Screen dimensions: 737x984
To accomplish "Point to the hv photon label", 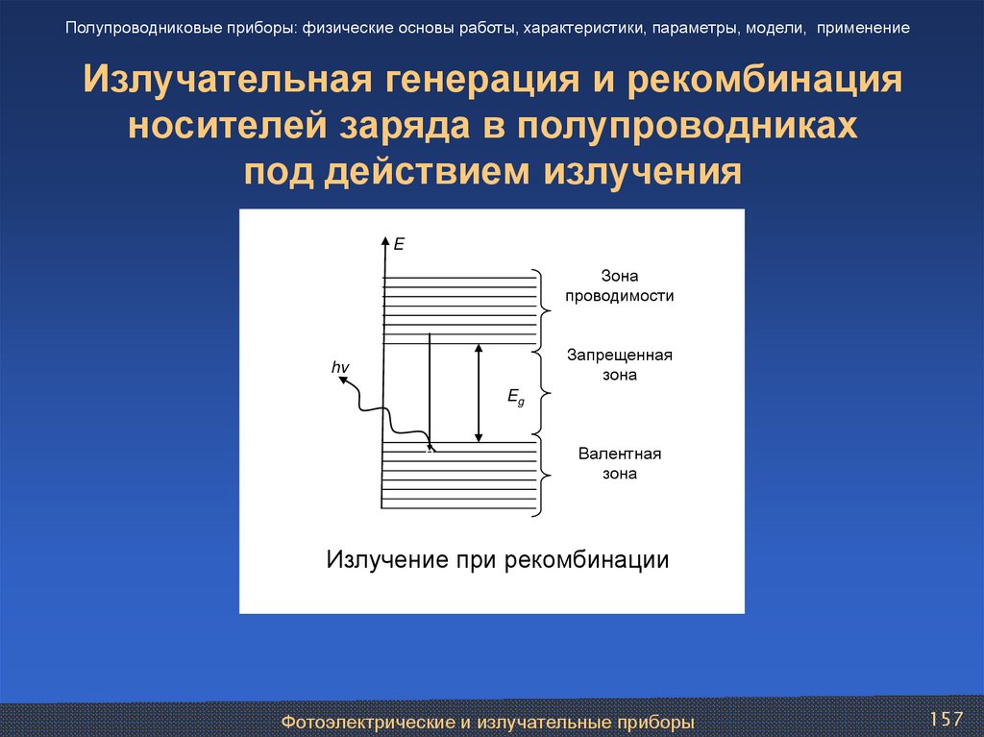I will (339, 367).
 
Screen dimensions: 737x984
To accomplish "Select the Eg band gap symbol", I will (515, 397).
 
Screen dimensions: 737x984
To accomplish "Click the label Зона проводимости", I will (619, 286).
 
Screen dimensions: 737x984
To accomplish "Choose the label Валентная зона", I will (619, 463).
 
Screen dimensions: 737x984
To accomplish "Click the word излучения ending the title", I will (645, 173).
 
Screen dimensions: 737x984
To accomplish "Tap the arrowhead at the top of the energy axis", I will (385, 240).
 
